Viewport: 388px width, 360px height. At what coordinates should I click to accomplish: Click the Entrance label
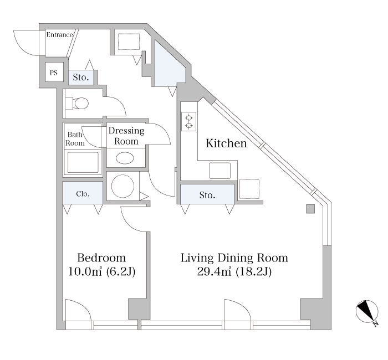60,34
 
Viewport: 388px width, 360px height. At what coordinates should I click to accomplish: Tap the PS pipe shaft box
54,72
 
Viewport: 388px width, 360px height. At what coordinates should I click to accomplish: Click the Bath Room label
75,138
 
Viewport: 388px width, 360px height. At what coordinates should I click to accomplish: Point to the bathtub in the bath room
83,162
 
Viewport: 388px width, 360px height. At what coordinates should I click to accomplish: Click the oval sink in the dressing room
125,158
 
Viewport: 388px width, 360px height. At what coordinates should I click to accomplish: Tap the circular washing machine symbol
122,187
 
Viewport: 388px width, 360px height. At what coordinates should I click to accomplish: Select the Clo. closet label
83,194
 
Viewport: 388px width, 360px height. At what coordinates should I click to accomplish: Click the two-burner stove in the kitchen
189,121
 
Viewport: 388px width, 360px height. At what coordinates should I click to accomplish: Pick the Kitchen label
226,143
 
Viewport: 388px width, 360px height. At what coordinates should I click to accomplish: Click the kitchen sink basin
219,171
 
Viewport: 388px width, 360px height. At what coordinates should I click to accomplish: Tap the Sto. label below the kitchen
207,195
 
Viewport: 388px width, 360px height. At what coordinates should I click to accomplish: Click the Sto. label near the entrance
81,78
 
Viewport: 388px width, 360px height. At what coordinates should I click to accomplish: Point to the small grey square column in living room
310,209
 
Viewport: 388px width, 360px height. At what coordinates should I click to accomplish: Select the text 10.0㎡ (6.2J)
101,272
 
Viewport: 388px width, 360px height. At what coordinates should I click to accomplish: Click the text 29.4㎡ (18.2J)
234,272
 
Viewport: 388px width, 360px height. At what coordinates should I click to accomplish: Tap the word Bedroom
101,258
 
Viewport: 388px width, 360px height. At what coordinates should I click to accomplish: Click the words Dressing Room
126,136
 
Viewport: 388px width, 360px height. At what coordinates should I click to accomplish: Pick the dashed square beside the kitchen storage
249,189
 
